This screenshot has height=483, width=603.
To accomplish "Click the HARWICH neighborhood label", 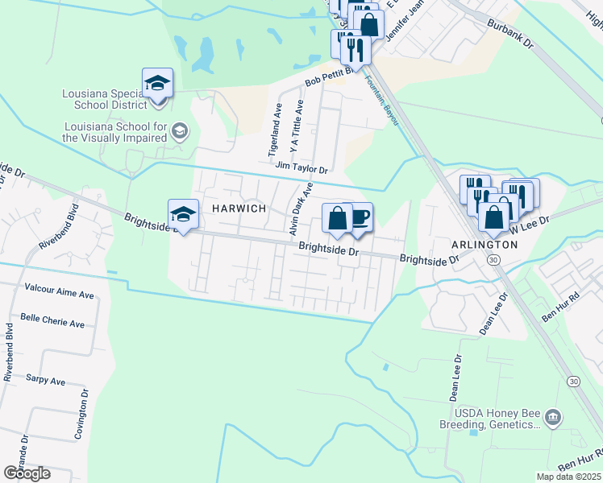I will [x=239, y=208].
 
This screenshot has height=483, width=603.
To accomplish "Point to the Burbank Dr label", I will [x=509, y=34].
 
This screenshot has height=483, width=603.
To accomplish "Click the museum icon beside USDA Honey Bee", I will [x=553, y=417].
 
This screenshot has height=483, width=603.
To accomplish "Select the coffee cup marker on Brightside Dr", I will [x=359, y=217].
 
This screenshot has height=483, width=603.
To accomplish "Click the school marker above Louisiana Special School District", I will [x=158, y=83].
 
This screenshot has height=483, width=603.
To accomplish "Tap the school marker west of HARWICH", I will [x=183, y=214].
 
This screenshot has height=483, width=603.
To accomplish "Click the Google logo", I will [x=27, y=473].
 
